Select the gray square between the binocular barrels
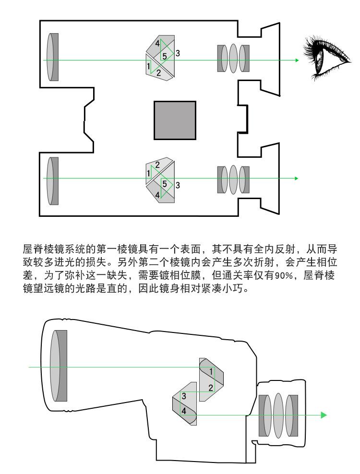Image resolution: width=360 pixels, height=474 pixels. tap(175, 120)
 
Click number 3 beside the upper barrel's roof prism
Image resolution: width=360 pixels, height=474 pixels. tap(178, 53)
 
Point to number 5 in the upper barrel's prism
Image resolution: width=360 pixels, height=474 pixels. tap(165, 57)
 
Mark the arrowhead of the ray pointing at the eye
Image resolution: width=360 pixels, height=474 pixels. tap(297, 60)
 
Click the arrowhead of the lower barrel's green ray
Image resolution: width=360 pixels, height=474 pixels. tap(297, 178)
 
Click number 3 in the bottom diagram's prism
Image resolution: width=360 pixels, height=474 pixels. tap(183, 396)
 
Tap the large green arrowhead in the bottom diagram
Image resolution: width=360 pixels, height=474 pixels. tap(324, 415)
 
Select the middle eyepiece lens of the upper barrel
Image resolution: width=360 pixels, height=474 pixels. tap(234, 59)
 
